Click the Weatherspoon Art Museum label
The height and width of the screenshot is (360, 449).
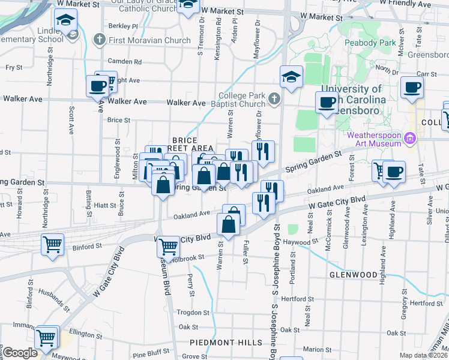tap(374, 139)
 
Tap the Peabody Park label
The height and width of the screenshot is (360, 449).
tap(370, 43)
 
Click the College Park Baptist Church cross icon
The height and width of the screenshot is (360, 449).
tap(274, 98)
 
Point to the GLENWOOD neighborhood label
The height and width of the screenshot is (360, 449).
tap(352, 274)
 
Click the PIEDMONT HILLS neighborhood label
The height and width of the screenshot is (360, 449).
tap(226, 343)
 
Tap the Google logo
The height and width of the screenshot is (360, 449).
tap(20, 353)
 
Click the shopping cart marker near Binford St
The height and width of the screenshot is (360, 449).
tap(52, 244)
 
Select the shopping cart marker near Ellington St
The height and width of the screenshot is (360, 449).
tap(46, 337)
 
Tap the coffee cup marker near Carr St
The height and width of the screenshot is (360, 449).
tap(412, 88)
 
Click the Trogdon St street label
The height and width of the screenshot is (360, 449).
tap(192, 313)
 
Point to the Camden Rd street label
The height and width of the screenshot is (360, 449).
tap(125, 61)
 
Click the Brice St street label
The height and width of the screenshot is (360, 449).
tap(118, 120)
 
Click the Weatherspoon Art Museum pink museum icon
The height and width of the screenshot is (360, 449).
tap(411, 139)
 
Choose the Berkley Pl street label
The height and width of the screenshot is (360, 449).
tap(124, 26)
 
